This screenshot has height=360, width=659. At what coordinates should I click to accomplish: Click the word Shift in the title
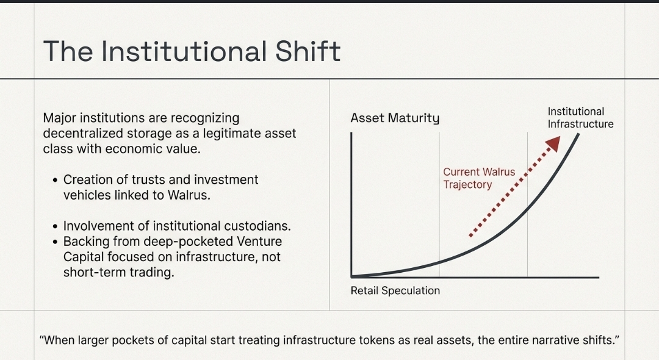pyautogui.click(x=308, y=51)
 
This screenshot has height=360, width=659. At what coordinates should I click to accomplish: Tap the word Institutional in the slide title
pyautogui.click(x=184, y=51)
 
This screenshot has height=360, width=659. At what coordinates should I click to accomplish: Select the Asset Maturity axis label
pyautogui.click(x=395, y=118)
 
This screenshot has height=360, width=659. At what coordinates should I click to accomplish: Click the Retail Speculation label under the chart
pyautogui.click(x=395, y=290)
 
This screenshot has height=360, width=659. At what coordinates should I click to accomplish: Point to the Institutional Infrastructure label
pyautogui.click(x=580, y=118)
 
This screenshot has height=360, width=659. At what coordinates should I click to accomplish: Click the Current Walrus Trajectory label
pyautogui.click(x=479, y=178)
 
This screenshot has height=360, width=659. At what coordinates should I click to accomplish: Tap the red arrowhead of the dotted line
pyautogui.click(x=553, y=143)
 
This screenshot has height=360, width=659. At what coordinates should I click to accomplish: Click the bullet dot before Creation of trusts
pyautogui.click(x=56, y=180)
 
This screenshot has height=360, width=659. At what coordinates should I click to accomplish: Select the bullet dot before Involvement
pyautogui.click(x=56, y=226)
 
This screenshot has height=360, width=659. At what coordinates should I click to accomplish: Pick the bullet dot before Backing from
pyautogui.click(x=56, y=242)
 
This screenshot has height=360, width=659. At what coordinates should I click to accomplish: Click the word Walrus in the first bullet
pyautogui.click(x=189, y=195)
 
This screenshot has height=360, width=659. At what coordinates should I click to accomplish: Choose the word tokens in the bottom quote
pyautogui.click(x=376, y=340)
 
